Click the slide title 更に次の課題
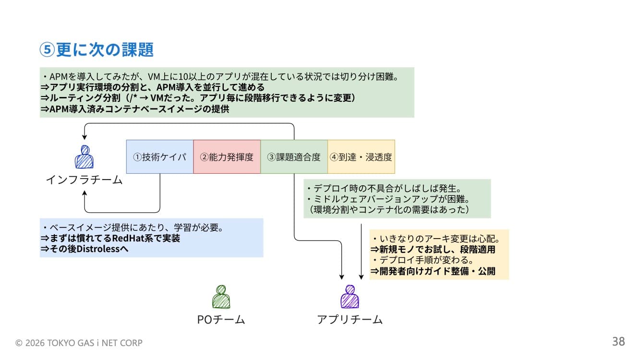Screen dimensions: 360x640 coord(105,50)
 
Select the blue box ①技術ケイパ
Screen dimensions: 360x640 coord(159,157)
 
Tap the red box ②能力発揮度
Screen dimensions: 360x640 coord(227,157)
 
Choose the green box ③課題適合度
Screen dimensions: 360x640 coord(294,157)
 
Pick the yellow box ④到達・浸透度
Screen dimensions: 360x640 coord(361,157)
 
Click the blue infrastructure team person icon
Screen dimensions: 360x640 coord(84,157)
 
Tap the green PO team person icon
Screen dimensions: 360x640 coord(221,297)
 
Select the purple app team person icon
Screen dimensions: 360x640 coord(350,297)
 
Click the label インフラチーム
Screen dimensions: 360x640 coord(84,180)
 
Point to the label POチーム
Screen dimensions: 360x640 coord(221,320)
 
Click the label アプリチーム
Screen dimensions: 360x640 coord(350,320)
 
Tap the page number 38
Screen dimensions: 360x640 coord(618,342)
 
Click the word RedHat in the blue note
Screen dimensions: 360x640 coord(129,238)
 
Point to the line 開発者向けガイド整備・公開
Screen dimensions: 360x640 coord(437,271)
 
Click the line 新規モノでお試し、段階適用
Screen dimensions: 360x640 coord(437,250)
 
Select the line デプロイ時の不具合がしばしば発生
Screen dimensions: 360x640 coord(384,188)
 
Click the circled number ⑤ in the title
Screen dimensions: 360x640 coord(46,50)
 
